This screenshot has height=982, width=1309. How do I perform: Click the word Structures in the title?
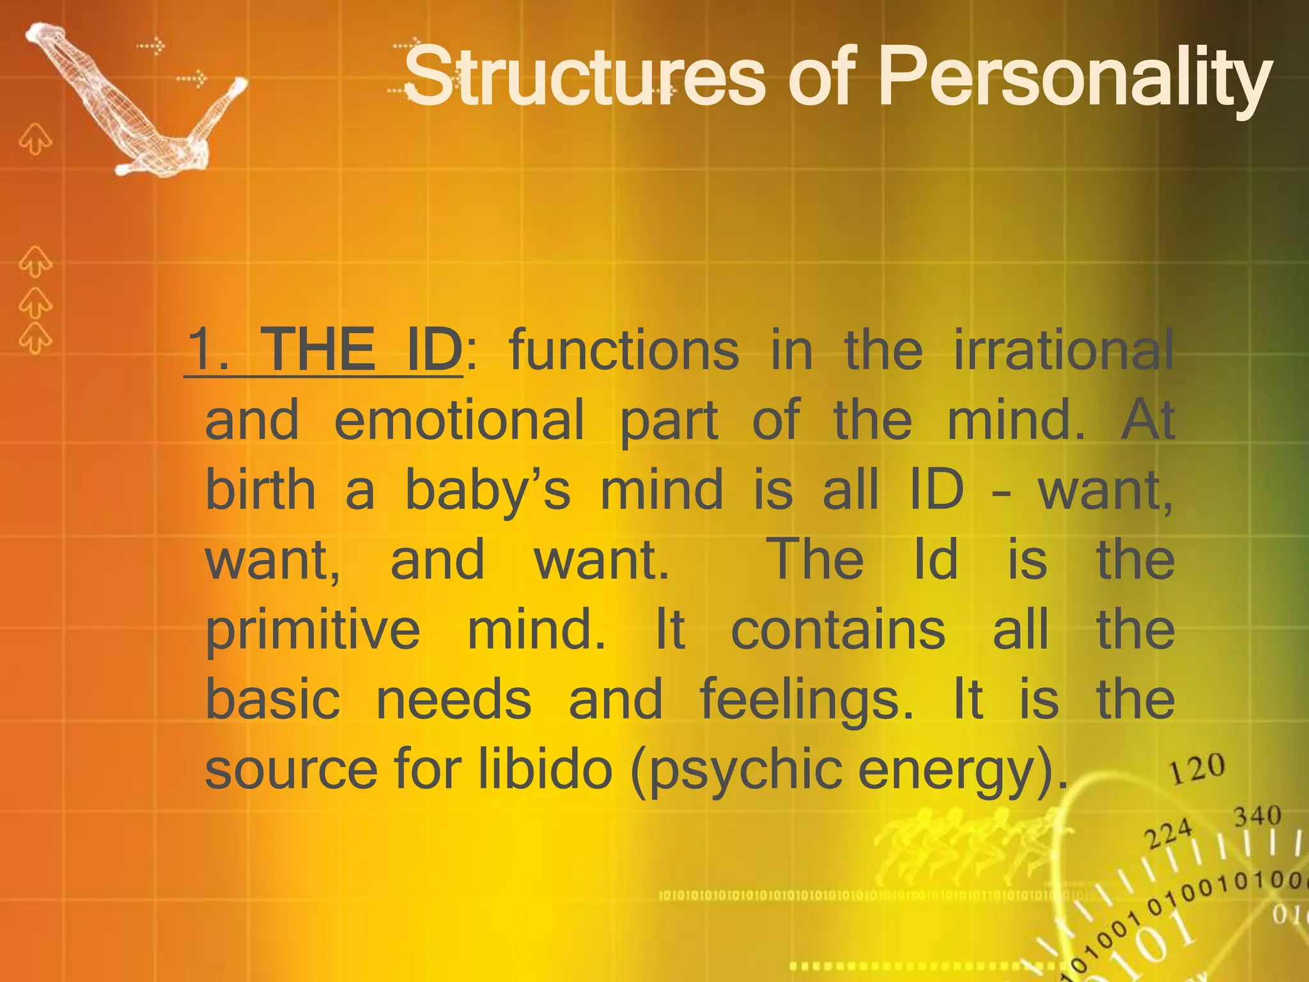click(x=584, y=78)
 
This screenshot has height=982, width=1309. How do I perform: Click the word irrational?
click(x=1064, y=350)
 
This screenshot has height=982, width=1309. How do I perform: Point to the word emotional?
click(x=459, y=420)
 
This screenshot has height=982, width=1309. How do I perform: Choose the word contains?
click(x=838, y=630)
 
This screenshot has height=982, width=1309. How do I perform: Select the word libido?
click(x=546, y=770)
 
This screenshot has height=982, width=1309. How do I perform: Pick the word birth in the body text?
click(x=260, y=490)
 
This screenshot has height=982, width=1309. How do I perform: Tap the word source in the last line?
click(x=291, y=770)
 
